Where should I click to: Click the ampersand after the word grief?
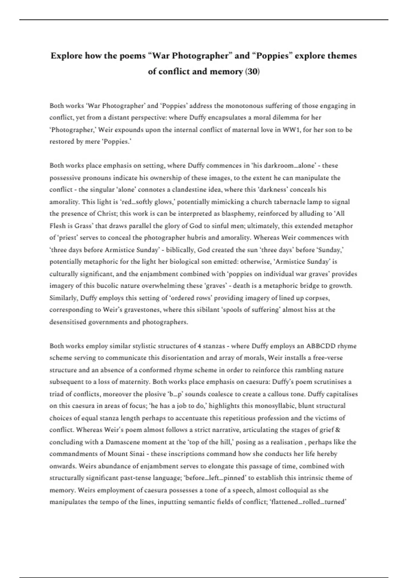(338, 430)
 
